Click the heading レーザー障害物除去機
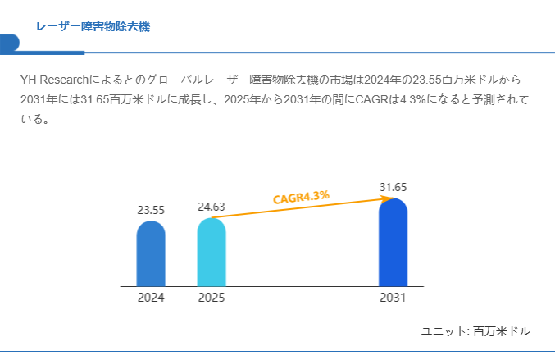[93, 27]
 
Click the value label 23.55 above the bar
[151, 210]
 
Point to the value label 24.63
[212, 207]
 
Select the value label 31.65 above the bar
[393, 187]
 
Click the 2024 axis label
[151, 298]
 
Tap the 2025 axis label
[212, 298]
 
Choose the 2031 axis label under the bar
[393, 298]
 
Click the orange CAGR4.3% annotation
[301, 197]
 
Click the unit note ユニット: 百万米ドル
[475, 331]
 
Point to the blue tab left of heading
[10, 43]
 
